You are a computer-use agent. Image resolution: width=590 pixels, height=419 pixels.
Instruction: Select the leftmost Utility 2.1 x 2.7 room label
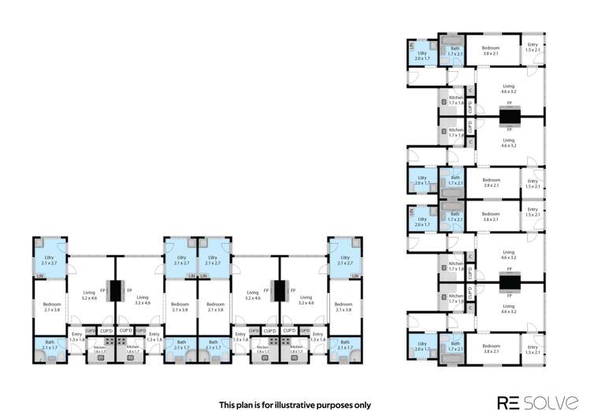click(x=49, y=260)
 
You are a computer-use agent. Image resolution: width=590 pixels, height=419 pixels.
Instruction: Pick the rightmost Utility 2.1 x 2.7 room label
click(x=345, y=260)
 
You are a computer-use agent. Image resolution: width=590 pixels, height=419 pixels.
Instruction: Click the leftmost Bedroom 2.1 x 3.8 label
click(x=52, y=307)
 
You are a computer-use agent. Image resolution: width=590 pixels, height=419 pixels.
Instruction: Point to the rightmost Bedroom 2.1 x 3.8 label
click(x=343, y=307)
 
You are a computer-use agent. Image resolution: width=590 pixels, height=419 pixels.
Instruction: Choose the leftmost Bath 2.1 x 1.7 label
click(x=49, y=345)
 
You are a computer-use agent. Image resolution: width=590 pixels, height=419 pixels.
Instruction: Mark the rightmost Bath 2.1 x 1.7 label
click(x=345, y=345)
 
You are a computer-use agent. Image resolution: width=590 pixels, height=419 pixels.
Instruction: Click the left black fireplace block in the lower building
click(x=115, y=290)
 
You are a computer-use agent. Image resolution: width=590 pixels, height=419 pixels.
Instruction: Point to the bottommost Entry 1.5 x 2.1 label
click(x=533, y=350)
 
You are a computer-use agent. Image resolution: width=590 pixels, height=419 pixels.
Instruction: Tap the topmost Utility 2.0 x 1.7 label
click(x=422, y=56)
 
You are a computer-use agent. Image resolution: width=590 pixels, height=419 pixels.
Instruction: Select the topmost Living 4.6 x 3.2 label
click(x=508, y=89)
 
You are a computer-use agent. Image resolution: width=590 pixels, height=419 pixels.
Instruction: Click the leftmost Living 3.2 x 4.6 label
click(x=89, y=295)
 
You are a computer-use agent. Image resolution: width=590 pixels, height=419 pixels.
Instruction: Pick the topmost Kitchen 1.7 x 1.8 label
click(x=457, y=99)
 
